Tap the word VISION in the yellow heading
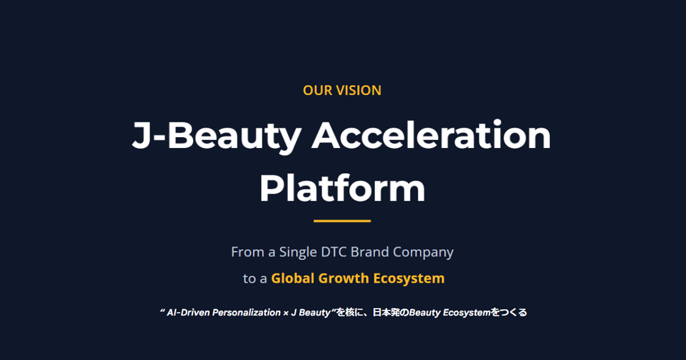click(x=359, y=90)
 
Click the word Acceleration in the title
click(x=431, y=135)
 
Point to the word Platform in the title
click(x=342, y=187)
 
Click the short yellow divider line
click(x=342, y=221)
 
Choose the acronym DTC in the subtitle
click(x=333, y=252)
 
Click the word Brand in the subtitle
click(x=370, y=252)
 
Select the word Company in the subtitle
click(x=423, y=253)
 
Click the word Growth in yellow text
click(x=344, y=278)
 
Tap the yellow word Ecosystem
click(x=409, y=279)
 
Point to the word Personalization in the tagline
click(x=246, y=313)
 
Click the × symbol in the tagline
click(x=286, y=313)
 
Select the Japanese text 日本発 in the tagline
click(x=386, y=313)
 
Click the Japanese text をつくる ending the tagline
click(x=509, y=313)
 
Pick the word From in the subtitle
click(x=248, y=252)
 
